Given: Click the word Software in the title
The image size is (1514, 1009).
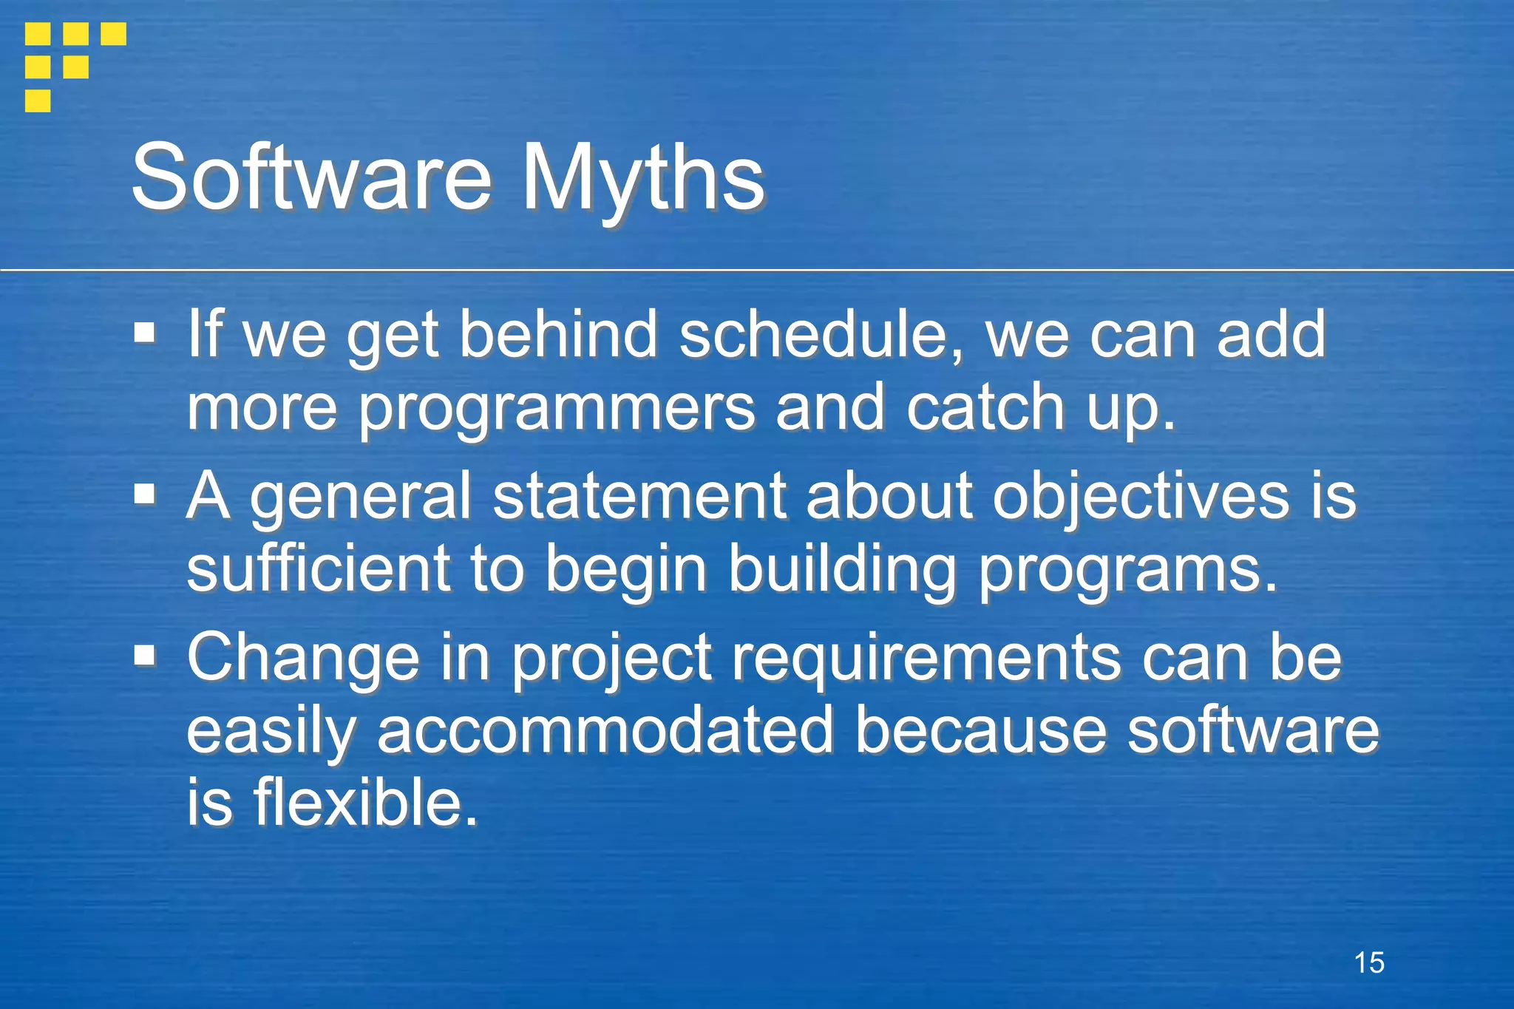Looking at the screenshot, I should [x=310, y=177].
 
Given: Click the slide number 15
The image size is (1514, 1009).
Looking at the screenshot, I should [x=1369, y=962].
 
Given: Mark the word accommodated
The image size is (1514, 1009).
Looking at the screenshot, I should [x=605, y=730].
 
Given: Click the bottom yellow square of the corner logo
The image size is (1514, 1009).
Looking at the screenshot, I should [x=38, y=100].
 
